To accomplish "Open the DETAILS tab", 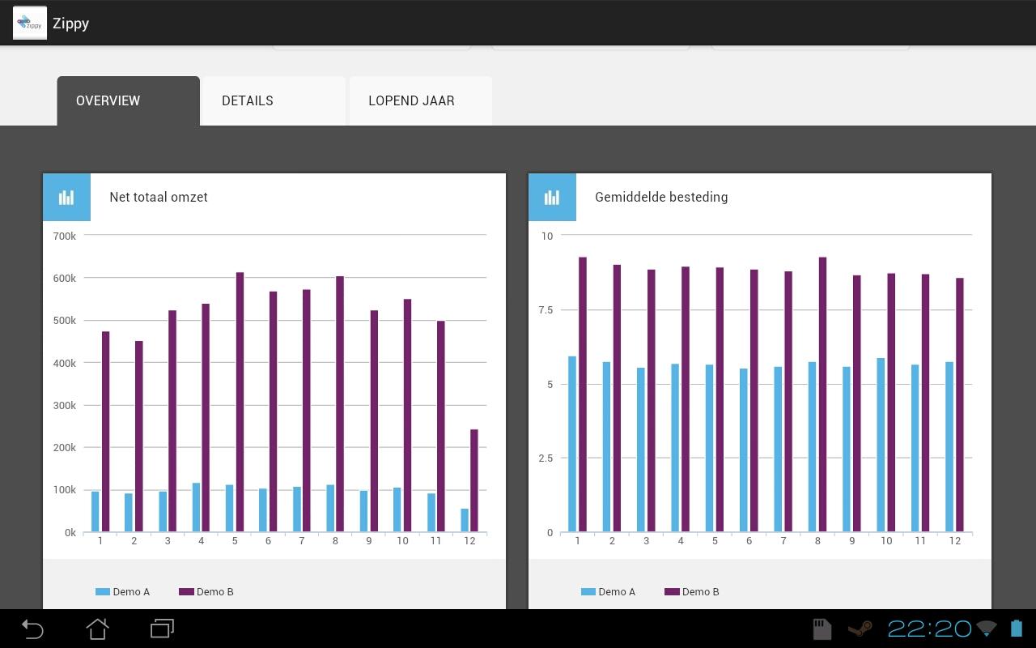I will coord(248,101).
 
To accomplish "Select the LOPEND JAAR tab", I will coord(411,101).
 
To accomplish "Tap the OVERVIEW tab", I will coord(108,101).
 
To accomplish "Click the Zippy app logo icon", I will coord(30,23).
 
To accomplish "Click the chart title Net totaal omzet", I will coord(159,197).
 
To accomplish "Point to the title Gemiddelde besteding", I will coord(661,197).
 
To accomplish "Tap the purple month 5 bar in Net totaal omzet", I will coord(240,403).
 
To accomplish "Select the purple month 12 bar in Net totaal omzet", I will coord(474,480).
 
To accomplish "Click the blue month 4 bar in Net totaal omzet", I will coord(196,508).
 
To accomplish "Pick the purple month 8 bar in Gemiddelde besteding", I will coord(822,394).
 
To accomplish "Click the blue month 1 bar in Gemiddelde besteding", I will coord(572,444).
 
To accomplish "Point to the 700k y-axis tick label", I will coord(64,236).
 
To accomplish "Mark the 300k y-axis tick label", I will coord(64,405).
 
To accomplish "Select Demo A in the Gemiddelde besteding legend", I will coord(609,592).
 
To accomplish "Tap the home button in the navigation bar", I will coord(97,629).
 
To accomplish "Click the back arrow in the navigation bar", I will coord(32,629).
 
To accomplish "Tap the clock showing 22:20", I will coord(929,629).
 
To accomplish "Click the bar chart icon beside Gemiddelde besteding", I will coord(552,197).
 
